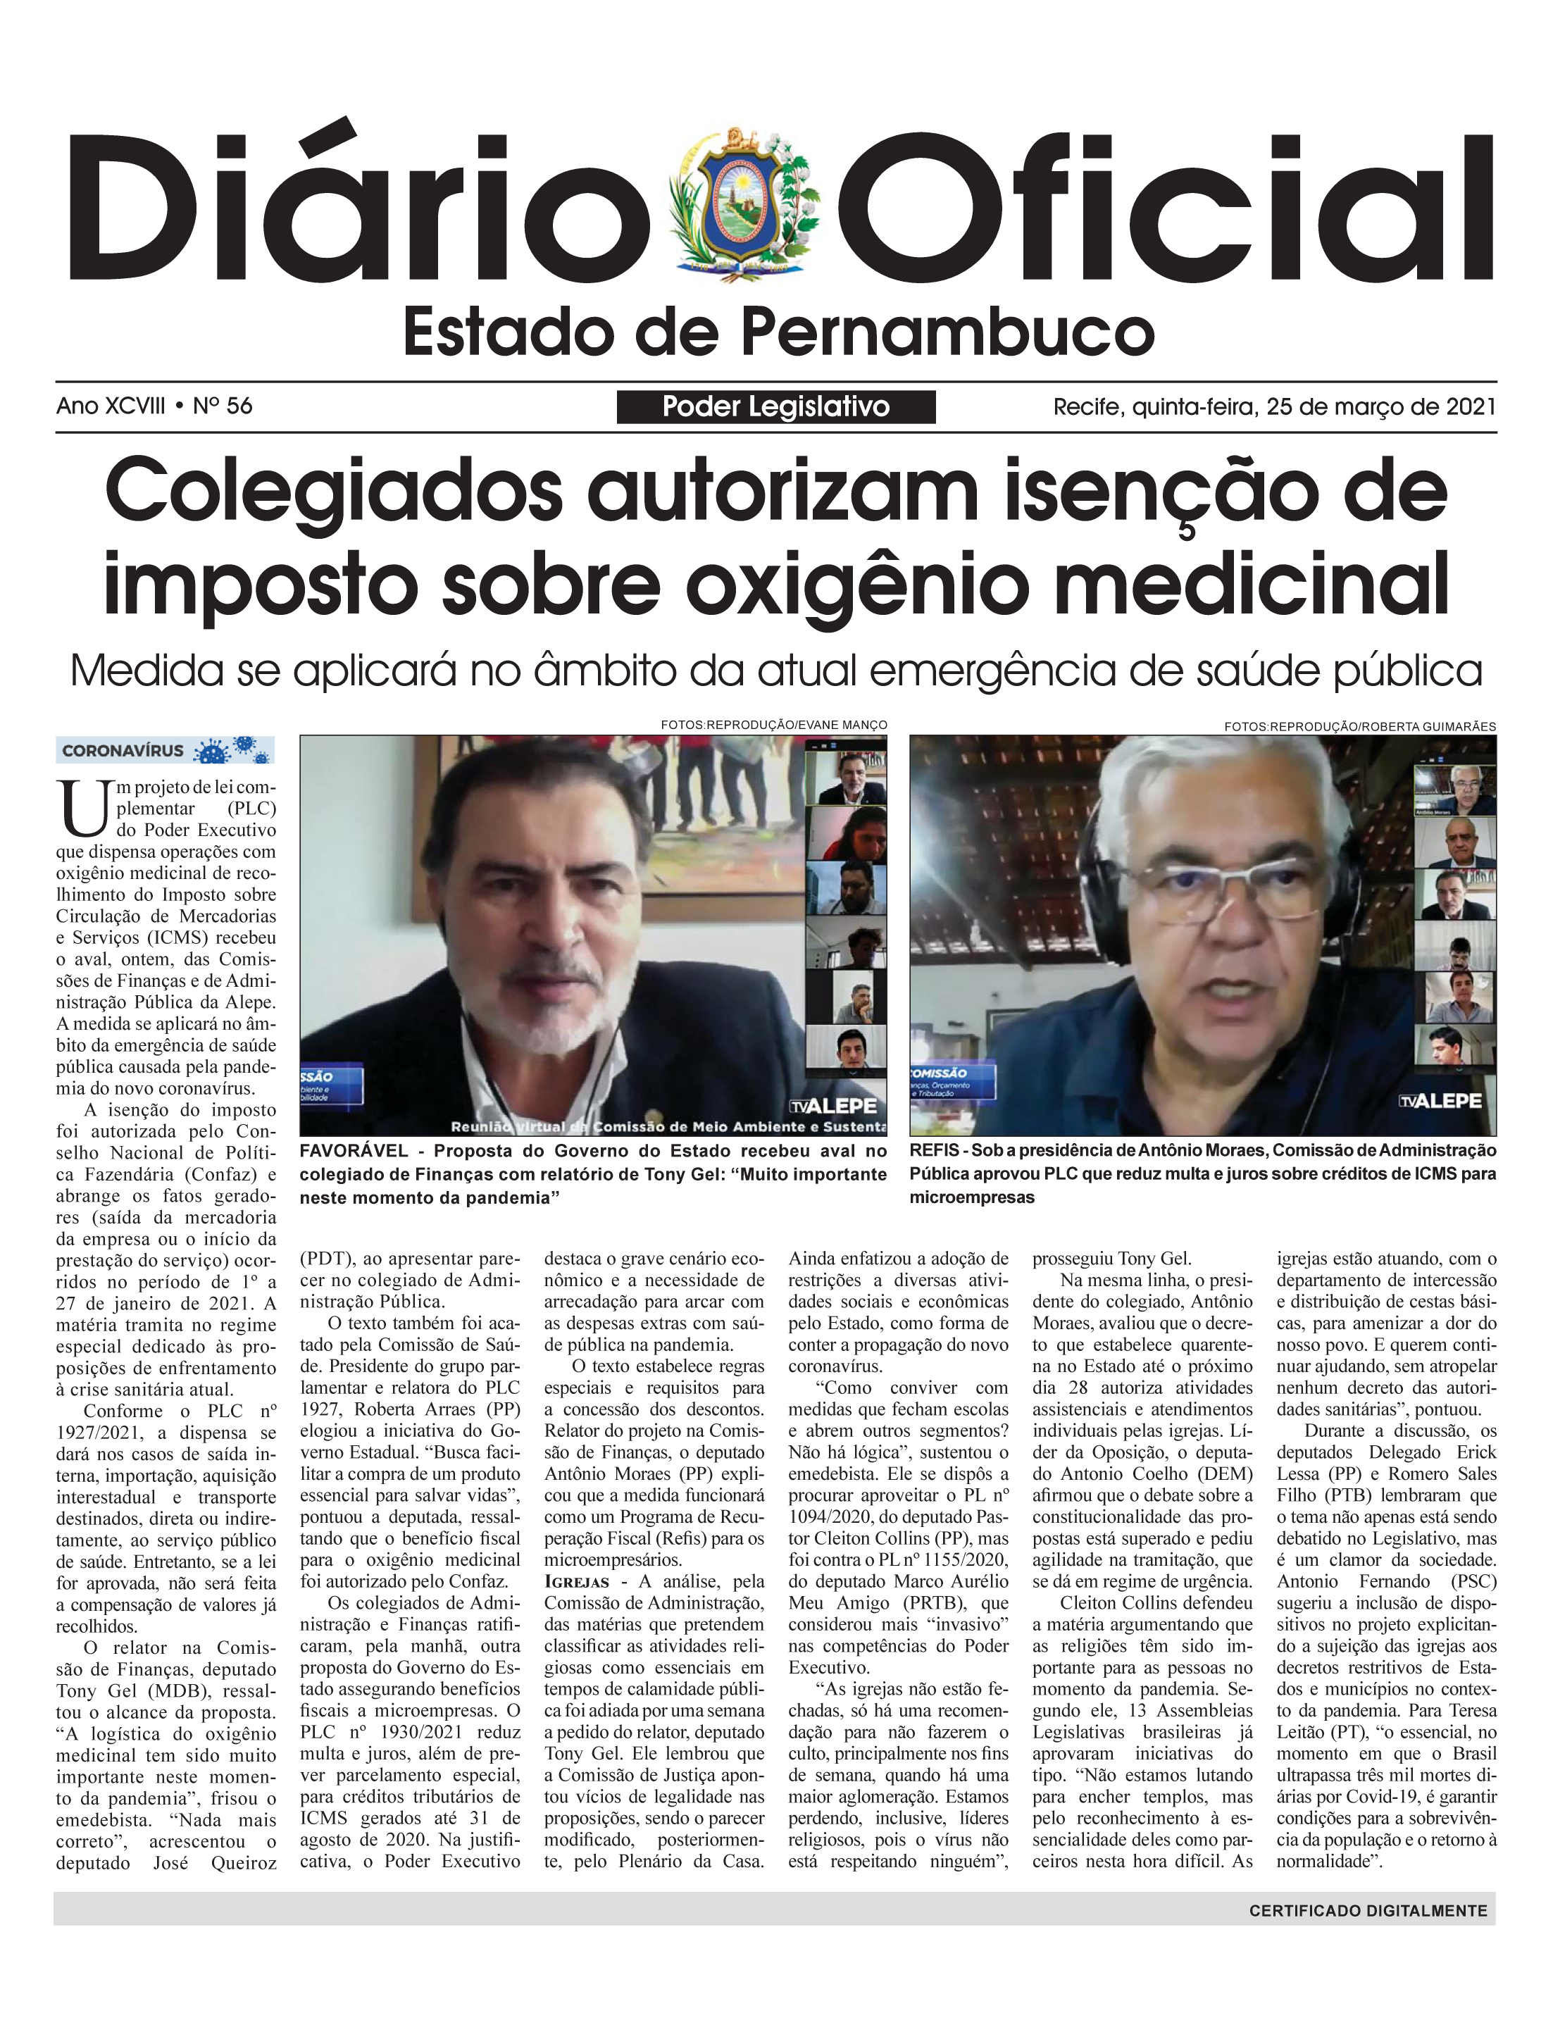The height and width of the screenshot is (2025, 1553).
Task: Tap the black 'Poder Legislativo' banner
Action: pos(775,406)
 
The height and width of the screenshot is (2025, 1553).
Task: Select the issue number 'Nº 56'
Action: pos(223,406)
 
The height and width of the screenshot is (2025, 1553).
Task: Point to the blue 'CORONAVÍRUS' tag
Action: pos(123,750)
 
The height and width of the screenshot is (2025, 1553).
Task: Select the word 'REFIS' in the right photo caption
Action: pos(934,1151)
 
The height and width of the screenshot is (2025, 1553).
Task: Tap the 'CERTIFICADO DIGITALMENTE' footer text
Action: pos(1368,1910)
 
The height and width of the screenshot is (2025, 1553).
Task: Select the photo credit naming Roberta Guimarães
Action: pos(1359,726)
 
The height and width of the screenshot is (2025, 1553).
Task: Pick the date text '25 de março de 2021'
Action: pos(1381,406)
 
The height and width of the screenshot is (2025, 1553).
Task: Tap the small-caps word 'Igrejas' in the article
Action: pos(577,1581)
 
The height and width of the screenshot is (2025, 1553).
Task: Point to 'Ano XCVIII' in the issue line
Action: pos(111,406)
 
